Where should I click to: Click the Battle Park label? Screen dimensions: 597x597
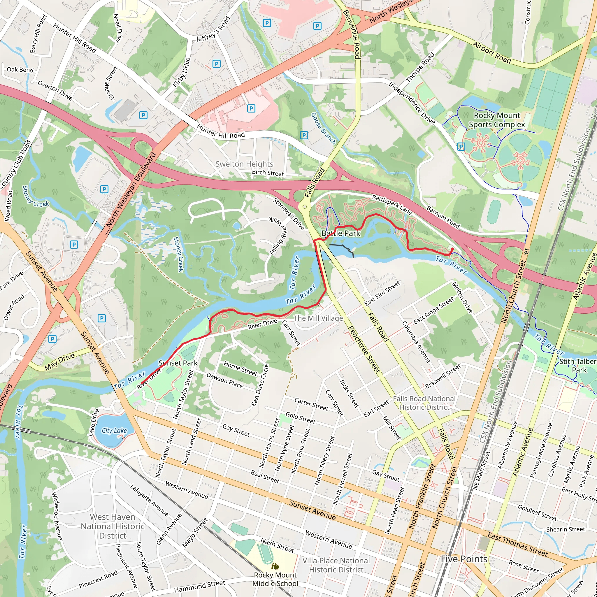pyautogui.click(x=340, y=233)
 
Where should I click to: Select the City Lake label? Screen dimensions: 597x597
pyautogui.click(x=114, y=431)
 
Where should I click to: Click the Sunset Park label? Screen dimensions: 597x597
pyautogui.click(x=178, y=363)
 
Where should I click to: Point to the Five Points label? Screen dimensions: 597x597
pyautogui.click(x=464, y=559)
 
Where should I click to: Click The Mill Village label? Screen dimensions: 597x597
pyautogui.click(x=318, y=318)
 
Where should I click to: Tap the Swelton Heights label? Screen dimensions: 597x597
pyautogui.click(x=244, y=164)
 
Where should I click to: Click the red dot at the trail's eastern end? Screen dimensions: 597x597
pyautogui.click(x=452, y=249)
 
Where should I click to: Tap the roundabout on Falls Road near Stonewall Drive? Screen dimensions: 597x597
pyautogui.click(x=305, y=207)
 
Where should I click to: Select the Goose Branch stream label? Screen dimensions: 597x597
pyautogui.click(x=323, y=128)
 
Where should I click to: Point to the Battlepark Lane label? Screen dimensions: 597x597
pyautogui.click(x=391, y=205)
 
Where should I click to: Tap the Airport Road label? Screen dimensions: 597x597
pyautogui.click(x=492, y=53)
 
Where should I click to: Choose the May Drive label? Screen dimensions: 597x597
pyautogui.click(x=60, y=362)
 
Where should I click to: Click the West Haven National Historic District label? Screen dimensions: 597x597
pyautogui.click(x=113, y=526)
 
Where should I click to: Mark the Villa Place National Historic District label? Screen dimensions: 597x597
pyautogui.click(x=336, y=565)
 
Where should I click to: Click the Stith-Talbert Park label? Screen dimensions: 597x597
pyautogui.click(x=578, y=366)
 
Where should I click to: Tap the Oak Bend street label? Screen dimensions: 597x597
pyautogui.click(x=20, y=70)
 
